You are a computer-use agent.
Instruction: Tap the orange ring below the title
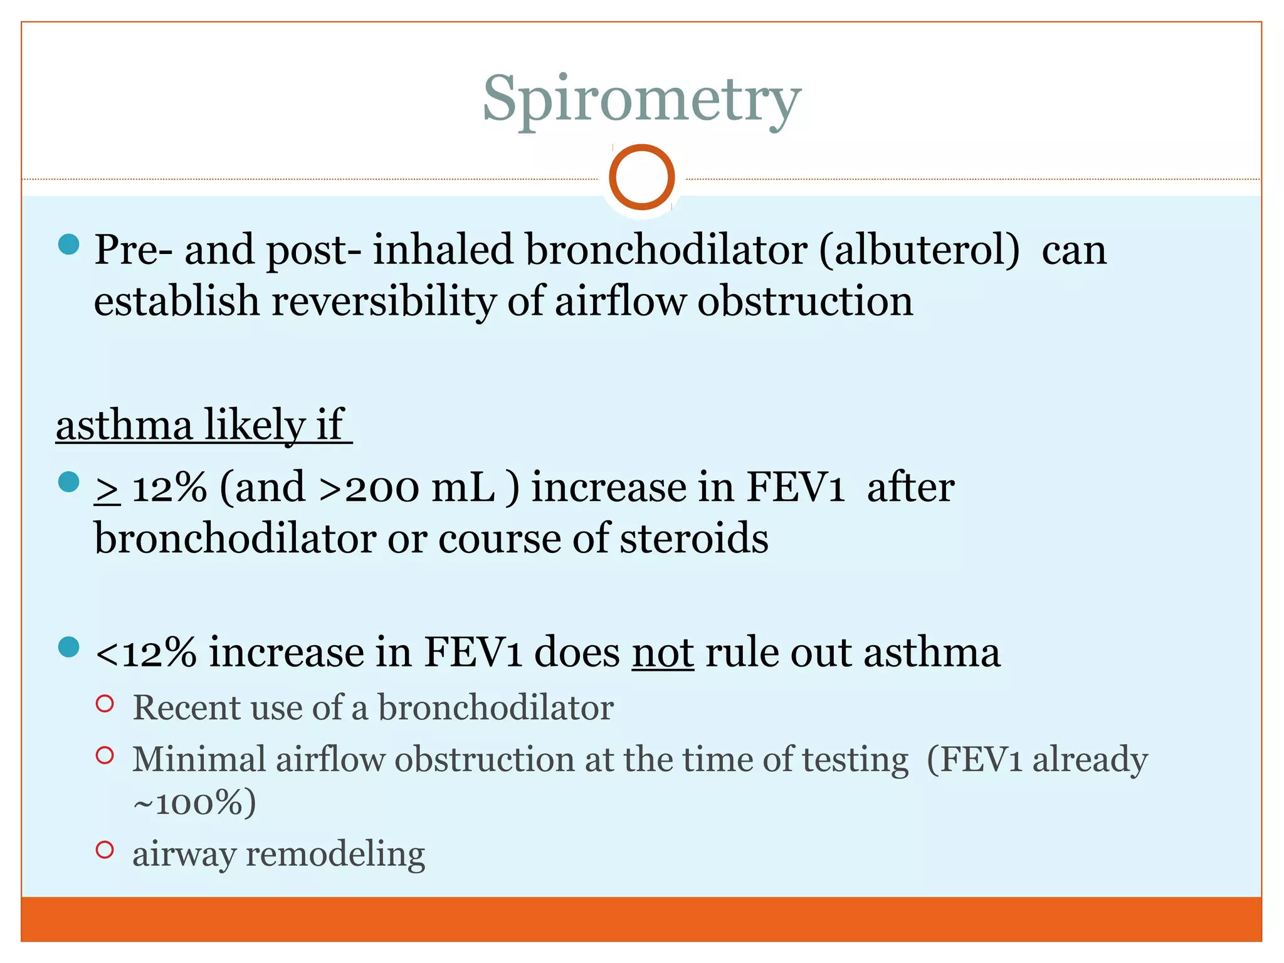tap(641, 177)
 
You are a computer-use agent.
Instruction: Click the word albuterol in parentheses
tap(919, 250)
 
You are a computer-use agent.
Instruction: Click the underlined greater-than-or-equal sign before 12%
tap(107, 488)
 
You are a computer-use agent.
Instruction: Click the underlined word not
tap(663, 653)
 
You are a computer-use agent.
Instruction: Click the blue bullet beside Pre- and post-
tap(68, 244)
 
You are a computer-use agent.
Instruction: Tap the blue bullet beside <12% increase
tap(68, 646)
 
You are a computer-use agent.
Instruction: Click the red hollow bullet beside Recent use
tap(105, 703)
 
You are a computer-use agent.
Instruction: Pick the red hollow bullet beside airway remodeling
tap(105, 850)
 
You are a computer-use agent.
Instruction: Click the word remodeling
tap(335, 855)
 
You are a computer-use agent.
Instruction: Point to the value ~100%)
tap(194, 802)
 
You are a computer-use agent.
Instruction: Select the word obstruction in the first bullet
tap(805, 301)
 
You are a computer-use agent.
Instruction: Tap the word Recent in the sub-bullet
tap(186, 708)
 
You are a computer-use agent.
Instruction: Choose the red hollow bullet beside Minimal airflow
tap(105, 755)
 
